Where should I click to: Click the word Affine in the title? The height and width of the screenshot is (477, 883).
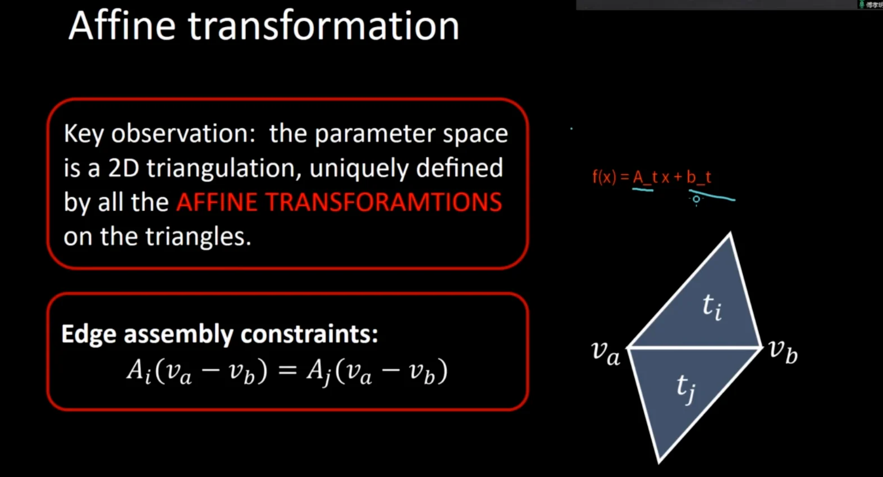click(x=122, y=26)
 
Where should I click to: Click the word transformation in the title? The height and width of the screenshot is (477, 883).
click(x=324, y=26)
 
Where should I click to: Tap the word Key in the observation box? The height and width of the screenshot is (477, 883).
click(x=84, y=134)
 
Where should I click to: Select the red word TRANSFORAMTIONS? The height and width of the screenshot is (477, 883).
click(x=383, y=202)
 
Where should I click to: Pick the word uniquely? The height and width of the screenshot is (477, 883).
click(x=359, y=169)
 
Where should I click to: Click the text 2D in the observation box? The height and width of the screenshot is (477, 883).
click(x=123, y=168)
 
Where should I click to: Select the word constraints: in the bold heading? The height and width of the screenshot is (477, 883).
click(x=309, y=334)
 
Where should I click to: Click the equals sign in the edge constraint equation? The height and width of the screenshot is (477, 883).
click(x=287, y=370)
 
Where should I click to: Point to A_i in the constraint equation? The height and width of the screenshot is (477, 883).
click(x=139, y=372)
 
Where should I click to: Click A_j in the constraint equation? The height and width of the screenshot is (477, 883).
click(x=319, y=372)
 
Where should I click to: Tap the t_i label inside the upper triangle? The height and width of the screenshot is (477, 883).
click(x=712, y=307)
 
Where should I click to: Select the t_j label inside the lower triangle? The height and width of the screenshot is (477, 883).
click(x=686, y=388)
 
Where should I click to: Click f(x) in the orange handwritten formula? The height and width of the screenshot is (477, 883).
click(x=604, y=177)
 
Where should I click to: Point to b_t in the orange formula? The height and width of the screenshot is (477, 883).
click(x=699, y=178)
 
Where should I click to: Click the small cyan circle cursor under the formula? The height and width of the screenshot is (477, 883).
click(x=697, y=199)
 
